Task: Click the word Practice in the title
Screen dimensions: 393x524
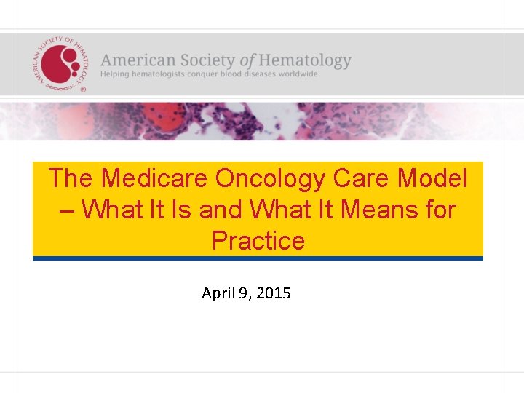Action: (x=258, y=240)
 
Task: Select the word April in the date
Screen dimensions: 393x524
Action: (x=217, y=294)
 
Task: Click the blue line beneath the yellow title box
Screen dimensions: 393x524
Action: (x=258, y=258)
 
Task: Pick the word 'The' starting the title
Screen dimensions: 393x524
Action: (x=71, y=178)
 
